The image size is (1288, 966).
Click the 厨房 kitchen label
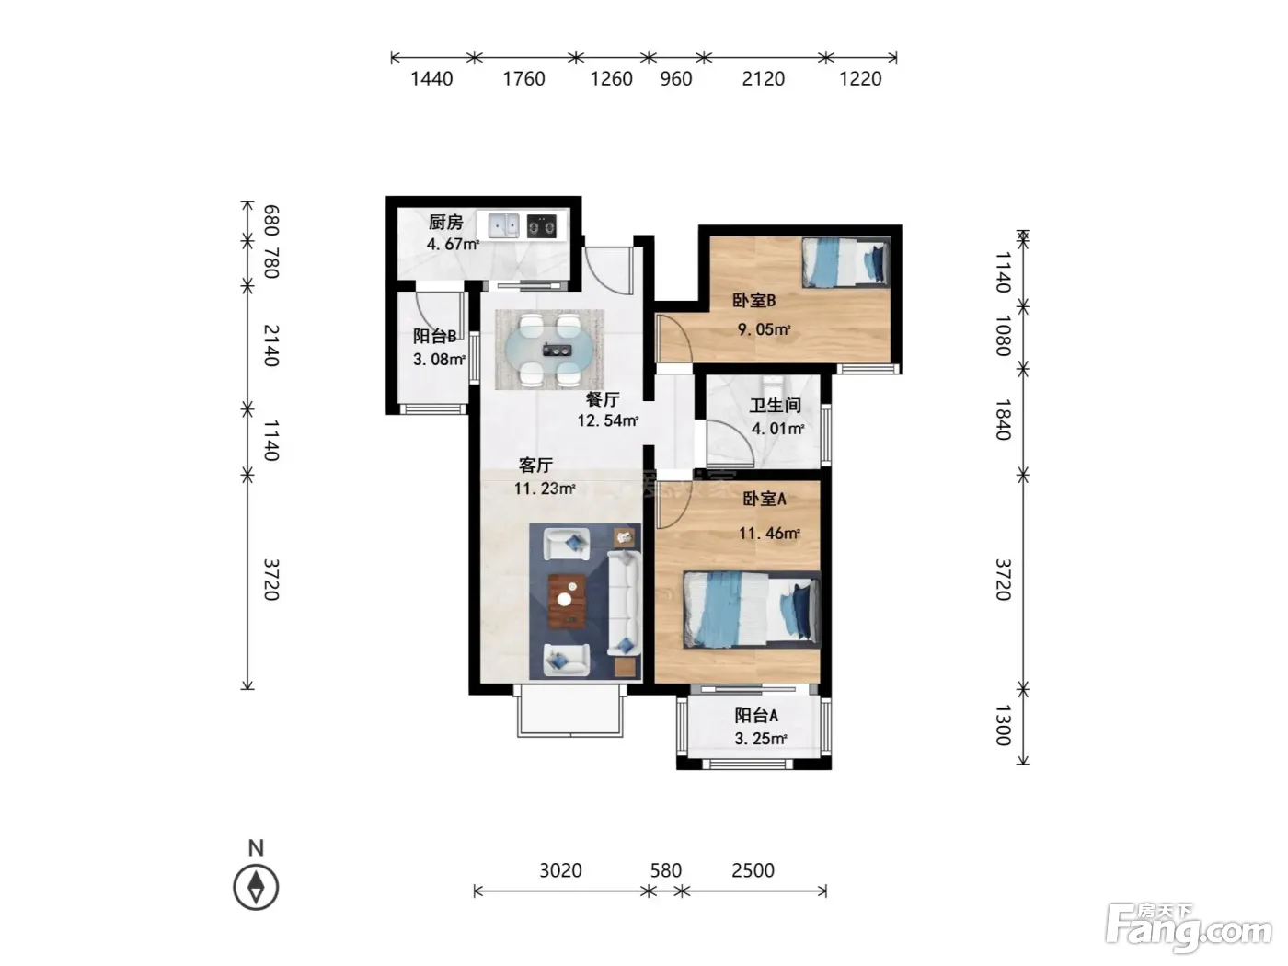coord(445,222)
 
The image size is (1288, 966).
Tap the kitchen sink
coord(503,225)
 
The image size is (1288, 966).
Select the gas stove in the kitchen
coord(541,225)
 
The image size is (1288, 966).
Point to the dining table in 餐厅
coord(549,351)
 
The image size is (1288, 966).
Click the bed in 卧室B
coord(845,261)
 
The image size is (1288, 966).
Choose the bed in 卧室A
coord(752,610)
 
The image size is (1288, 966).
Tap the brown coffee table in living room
coord(567,601)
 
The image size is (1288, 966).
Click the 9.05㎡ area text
coord(764,329)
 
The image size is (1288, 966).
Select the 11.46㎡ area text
coord(769,534)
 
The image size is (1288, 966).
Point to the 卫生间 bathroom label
coord(775,406)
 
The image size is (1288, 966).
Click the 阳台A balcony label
coord(756,716)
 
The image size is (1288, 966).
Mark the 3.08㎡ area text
coord(439,359)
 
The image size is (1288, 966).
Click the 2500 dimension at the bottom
coord(753,870)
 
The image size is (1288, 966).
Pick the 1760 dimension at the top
coord(523,78)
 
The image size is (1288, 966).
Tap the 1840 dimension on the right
coord(1004,420)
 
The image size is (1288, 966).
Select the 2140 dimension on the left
coord(270,346)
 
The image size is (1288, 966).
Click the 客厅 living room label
coord(535,466)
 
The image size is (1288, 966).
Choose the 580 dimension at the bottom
coord(666,870)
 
